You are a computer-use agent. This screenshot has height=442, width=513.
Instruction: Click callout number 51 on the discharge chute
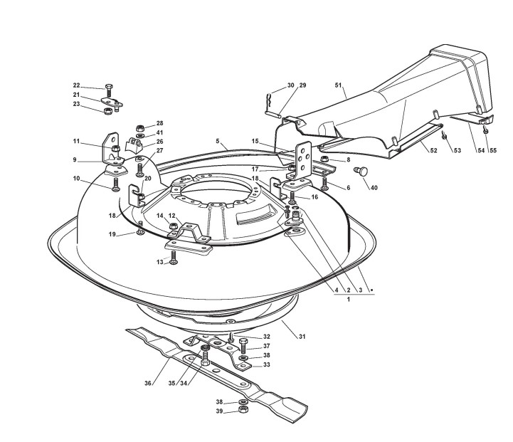[339, 85]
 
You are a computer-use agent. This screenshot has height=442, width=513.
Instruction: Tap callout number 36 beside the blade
[148, 384]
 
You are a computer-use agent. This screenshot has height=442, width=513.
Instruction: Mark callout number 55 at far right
[492, 151]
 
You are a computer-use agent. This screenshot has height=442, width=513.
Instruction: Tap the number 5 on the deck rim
[218, 141]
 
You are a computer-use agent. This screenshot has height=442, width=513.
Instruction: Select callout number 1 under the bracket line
[349, 300]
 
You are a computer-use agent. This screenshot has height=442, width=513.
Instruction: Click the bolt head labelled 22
[107, 88]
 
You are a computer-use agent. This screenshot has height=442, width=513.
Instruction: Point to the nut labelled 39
[243, 411]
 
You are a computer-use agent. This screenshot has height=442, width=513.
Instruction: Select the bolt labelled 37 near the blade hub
[244, 347]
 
